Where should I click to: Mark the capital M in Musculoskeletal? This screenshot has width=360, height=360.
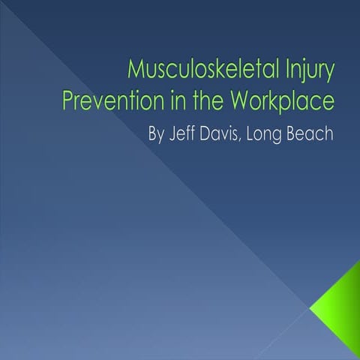[x=136, y=73]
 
